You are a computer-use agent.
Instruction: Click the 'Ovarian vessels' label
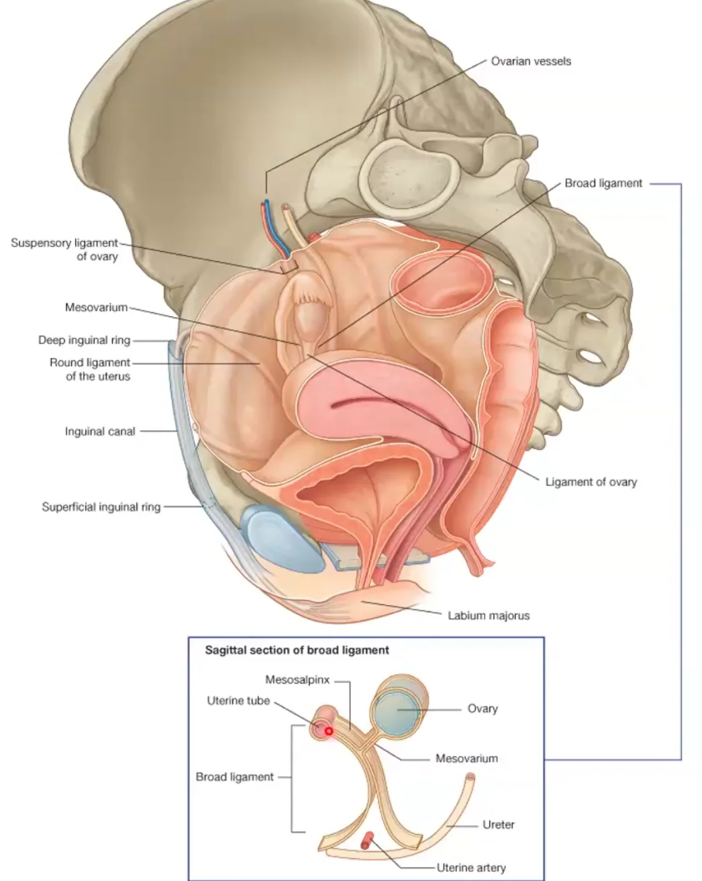click(x=530, y=61)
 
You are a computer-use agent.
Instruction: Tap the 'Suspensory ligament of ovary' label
click(x=64, y=249)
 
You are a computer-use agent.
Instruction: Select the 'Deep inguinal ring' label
click(x=85, y=340)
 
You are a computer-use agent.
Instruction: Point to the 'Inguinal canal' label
click(x=100, y=431)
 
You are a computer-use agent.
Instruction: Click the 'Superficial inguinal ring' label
click(x=101, y=507)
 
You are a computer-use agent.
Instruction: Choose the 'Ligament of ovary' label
click(x=591, y=482)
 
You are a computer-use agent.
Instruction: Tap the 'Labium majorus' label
click(x=489, y=615)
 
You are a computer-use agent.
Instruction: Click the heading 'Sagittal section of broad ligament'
click(x=297, y=650)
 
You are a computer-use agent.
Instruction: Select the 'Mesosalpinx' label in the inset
click(x=297, y=680)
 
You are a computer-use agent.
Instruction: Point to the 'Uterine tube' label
click(x=238, y=701)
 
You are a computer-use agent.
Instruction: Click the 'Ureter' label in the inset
click(x=498, y=825)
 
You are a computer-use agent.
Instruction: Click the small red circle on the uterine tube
click(x=329, y=731)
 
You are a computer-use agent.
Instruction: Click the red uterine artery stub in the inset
click(x=367, y=840)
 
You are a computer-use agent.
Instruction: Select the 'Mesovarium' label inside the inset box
click(x=466, y=758)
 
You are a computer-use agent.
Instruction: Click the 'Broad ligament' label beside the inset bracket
click(x=234, y=777)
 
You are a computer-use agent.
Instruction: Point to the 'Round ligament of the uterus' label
click(x=90, y=369)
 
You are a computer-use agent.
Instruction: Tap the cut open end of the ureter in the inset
click(x=470, y=776)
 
